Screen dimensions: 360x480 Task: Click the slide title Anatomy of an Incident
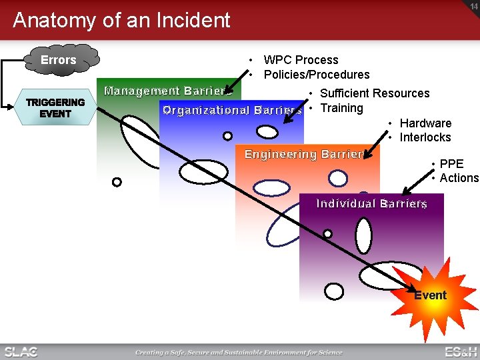pyautogui.click(x=121, y=20)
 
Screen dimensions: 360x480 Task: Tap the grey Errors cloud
pyautogui.click(x=59, y=60)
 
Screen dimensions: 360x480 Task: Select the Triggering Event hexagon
pyautogui.click(x=55, y=108)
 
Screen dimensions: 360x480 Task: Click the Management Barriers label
pyautogui.click(x=167, y=91)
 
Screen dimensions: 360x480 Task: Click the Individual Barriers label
pyautogui.click(x=371, y=203)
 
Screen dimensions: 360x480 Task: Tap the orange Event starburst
pyautogui.click(x=429, y=295)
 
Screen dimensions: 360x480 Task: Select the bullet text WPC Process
pyautogui.click(x=301, y=60)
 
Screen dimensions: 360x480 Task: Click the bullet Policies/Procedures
pyautogui.click(x=317, y=75)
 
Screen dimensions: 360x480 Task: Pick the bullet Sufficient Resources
pyautogui.click(x=374, y=93)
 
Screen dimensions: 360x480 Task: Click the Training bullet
pyautogui.click(x=341, y=108)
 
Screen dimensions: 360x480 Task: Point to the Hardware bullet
pyautogui.click(x=425, y=123)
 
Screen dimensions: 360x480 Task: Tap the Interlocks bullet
pyautogui.click(x=425, y=137)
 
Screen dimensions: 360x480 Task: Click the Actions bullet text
pyautogui.click(x=459, y=178)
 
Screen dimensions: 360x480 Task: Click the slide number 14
pyautogui.click(x=473, y=5)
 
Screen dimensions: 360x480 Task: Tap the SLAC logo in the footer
pyautogui.click(x=21, y=351)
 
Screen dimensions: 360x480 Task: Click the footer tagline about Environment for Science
pyautogui.click(x=239, y=352)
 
